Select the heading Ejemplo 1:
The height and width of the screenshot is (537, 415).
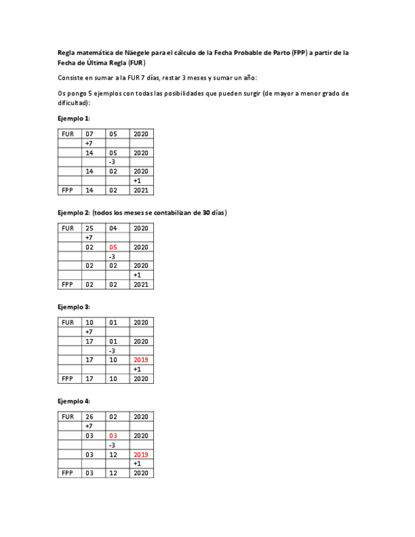point(73,118)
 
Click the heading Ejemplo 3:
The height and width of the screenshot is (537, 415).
point(73,307)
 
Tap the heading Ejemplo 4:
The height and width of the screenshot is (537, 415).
point(73,401)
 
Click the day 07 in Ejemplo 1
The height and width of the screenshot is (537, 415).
point(89,134)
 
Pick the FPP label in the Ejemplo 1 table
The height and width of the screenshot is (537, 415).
point(68,190)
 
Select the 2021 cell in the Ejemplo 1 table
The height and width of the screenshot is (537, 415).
point(141,190)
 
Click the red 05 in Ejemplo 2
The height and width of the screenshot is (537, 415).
point(113,247)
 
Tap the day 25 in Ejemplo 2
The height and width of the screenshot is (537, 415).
point(89,228)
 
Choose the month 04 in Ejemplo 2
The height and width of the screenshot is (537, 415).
point(113,228)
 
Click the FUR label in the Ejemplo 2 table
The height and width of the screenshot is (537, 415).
point(68,228)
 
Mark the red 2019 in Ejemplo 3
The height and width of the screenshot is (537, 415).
point(141,360)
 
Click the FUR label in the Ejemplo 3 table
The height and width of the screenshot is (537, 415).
point(68,322)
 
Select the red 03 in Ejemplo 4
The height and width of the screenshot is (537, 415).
point(113,436)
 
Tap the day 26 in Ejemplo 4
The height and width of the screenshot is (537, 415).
point(89,417)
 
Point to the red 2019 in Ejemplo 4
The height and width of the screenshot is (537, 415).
point(141,455)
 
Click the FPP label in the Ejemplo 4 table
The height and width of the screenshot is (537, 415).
point(68,473)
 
